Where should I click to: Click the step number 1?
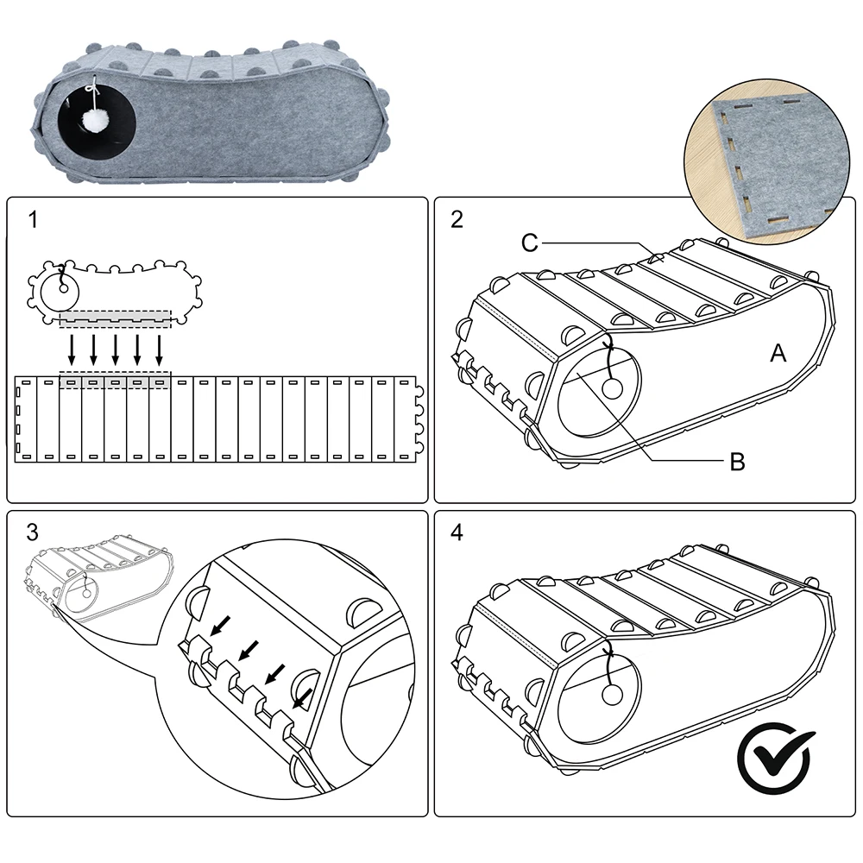click(x=33, y=220)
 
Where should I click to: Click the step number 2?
click(x=457, y=219)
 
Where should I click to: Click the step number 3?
click(x=33, y=532)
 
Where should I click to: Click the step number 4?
click(x=457, y=532)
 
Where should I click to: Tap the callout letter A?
click(x=778, y=352)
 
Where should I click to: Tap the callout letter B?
click(x=737, y=462)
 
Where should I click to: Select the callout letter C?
click(x=530, y=243)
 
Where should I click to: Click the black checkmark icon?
click(x=775, y=758)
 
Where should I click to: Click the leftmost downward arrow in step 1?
click(x=72, y=350)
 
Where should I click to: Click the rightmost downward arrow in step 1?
click(x=160, y=350)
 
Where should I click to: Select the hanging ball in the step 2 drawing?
click(x=612, y=389)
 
